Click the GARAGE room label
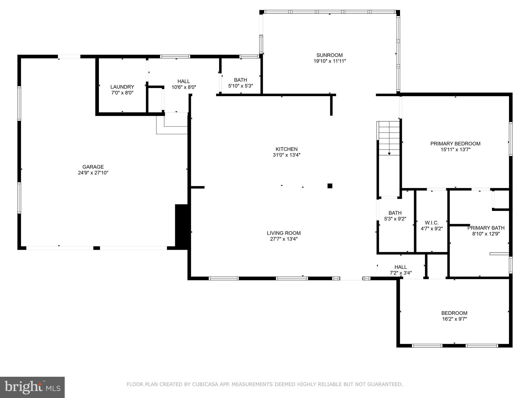tap(93, 167)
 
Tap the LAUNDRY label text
tap(122, 87)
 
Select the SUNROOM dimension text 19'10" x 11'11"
tap(329, 61)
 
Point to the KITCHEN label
tap(286, 149)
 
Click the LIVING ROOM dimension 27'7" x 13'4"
tap(284, 239)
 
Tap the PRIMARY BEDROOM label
tap(455, 144)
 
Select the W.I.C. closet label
tap(432, 223)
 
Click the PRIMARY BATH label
tap(486, 228)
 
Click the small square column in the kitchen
tap(330, 186)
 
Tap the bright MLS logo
tap(32, 387)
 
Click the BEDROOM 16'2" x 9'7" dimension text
tap(454, 319)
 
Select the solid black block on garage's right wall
tap(182, 226)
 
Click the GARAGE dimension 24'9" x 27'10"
tap(93, 173)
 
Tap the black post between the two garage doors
tap(97, 248)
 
